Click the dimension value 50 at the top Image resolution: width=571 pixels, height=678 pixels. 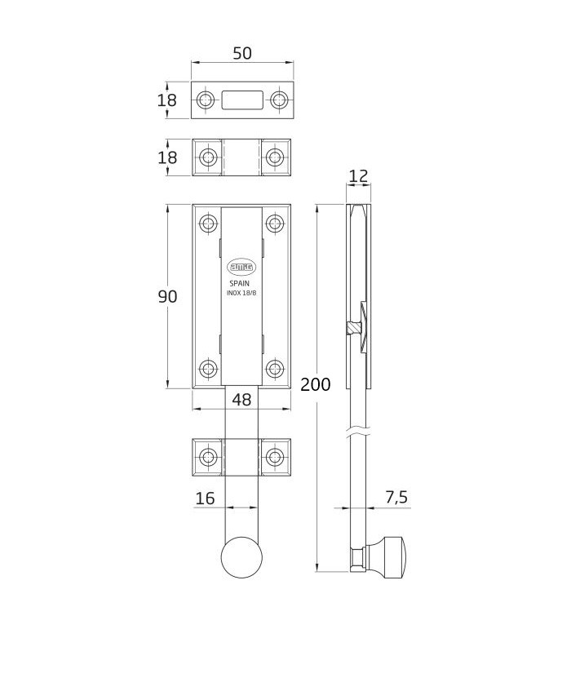pyautogui.click(x=242, y=53)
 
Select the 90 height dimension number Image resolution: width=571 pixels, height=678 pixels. pyautogui.click(x=167, y=297)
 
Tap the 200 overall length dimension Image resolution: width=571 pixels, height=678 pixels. pyautogui.click(x=316, y=384)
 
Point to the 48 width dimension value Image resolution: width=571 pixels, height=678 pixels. pyautogui.click(x=241, y=400)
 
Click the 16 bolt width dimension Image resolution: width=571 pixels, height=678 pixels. pyautogui.click(x=205, y=498)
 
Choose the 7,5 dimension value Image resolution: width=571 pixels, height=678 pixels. pyautogui.click(x=396, y=498)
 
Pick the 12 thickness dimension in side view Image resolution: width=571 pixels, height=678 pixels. pyautogui.click(x=358, y=175)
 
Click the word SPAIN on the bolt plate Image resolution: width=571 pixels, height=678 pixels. pyautogui.click(x=241, y=282)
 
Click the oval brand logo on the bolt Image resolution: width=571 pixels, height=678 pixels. pyautogui.click(x=241, y=266)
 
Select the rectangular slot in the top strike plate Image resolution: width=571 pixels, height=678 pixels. pyautogui.click(x=242, y=100)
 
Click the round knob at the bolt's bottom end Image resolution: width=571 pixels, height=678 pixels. pyautogui.click(x=242, y=558)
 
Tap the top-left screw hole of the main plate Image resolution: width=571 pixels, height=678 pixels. pyautogui.click(x=208, y=223)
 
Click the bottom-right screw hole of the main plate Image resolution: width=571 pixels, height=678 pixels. pyautogui.click(x=276, y=368)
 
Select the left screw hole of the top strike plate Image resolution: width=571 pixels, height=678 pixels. pyautogui.click(x=205, y=100)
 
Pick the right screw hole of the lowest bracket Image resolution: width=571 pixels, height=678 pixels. pyautogui.click(x=276, y=457)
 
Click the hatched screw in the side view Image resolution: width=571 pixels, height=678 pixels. pyautogui.click(x=353, y=328)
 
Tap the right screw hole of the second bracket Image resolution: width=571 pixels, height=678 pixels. pyautogui.click(x=276, y=157)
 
